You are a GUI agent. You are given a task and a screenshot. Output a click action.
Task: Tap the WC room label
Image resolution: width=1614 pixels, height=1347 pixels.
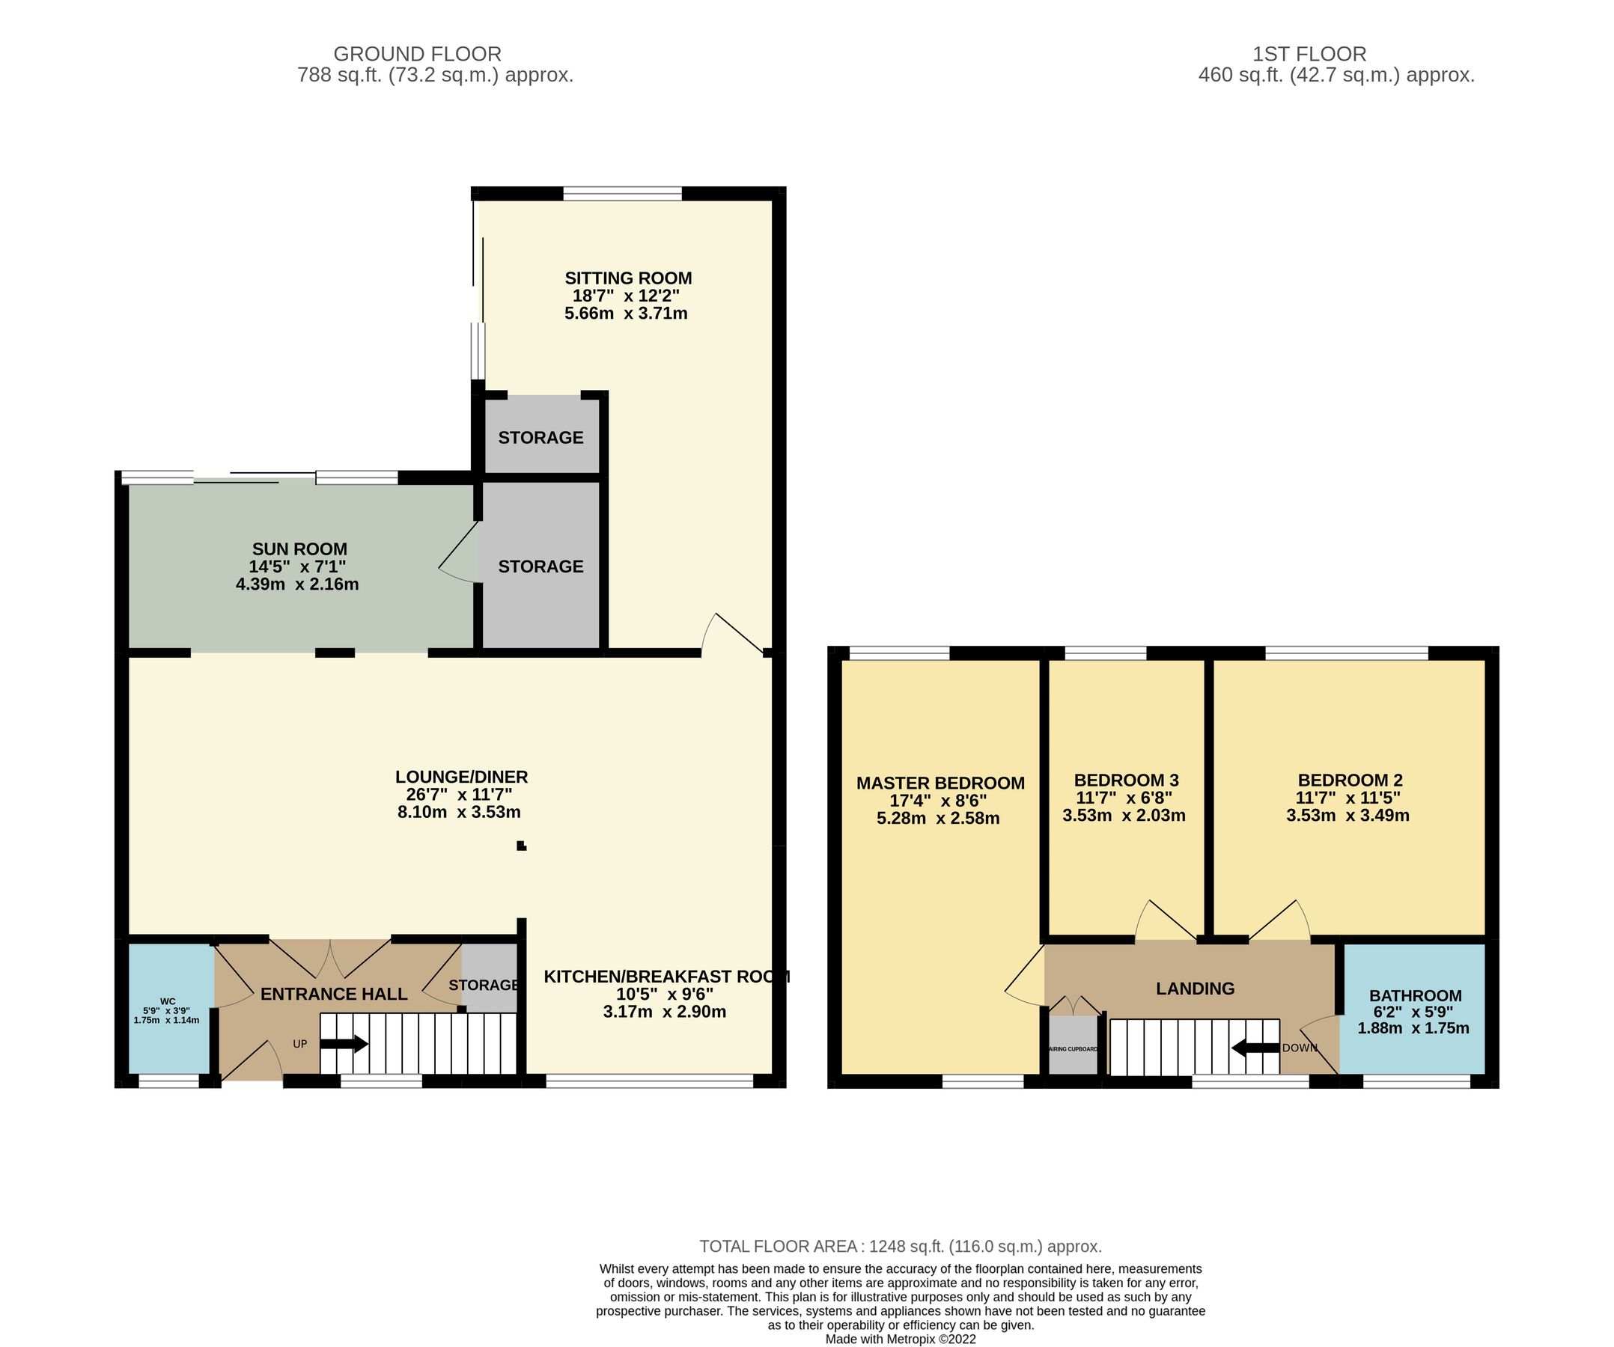(168, 1001)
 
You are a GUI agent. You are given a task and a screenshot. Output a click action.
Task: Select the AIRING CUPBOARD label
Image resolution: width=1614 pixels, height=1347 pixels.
(1074, 1049)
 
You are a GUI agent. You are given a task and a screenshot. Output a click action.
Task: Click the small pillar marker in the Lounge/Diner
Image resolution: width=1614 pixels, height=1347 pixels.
(521, 846)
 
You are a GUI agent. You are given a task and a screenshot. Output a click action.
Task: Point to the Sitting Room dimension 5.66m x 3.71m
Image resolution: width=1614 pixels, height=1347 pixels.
(626, 314)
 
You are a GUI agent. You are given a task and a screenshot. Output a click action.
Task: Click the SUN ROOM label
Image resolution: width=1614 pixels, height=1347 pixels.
(299, 549)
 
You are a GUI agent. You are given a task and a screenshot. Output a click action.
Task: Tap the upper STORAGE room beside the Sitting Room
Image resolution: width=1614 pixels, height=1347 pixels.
(541, 438)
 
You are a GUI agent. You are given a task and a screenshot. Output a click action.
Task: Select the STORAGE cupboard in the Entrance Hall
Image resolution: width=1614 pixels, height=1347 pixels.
(484, 985)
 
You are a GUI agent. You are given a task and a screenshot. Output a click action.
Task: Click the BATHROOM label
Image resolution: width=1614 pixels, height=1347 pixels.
(1414, 995)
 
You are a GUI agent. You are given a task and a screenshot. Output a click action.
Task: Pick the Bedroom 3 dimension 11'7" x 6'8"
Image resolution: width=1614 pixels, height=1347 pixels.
(1124, 798)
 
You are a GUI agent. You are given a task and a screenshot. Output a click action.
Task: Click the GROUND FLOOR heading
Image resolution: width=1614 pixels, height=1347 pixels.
(417, 54)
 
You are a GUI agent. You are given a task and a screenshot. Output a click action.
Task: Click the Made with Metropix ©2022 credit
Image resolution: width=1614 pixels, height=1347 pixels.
(900, 1339)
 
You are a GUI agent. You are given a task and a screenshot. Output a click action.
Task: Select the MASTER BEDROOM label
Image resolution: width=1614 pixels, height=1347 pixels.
(940, 783)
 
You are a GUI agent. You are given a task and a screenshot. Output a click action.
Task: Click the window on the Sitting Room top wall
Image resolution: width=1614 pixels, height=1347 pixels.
(623, 193)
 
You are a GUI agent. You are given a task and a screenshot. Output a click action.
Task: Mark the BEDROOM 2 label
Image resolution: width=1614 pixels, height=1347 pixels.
(1350, 780)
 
